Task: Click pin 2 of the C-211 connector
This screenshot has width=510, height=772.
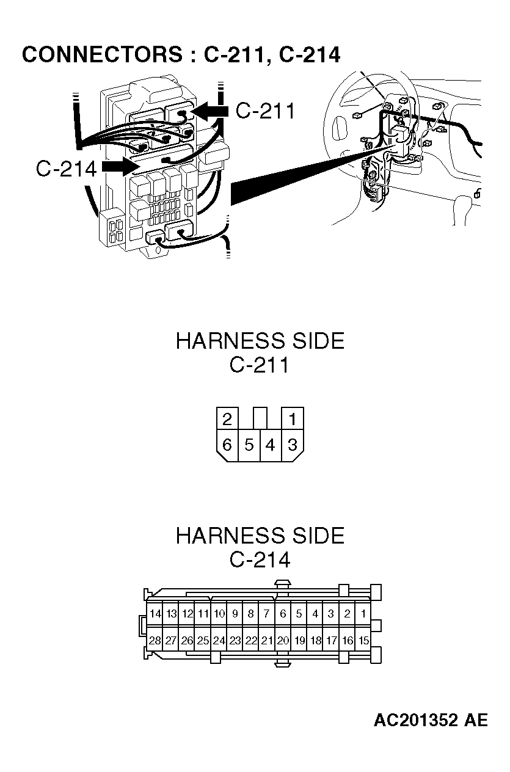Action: pyautogui.click(x=227, y=419)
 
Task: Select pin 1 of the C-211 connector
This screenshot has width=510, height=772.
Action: pyautogui.click(x=293, y=419)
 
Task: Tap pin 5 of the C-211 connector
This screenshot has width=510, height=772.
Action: pyautogui.click(x=249, y=445)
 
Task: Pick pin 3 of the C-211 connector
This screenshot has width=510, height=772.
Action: pyautogui.click(x=293, y=445)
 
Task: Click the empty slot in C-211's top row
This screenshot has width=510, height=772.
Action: pyautogui.click(x=260, y=419)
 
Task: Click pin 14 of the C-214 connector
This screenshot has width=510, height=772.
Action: pyautogui.click(x=155, y=614)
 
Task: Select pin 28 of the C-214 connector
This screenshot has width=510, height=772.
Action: pyautogui.click(x=155, y=641)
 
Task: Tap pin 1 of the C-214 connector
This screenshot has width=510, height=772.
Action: pyautogui.click(x=363, y=614)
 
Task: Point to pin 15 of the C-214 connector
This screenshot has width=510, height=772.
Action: pyautogui.click(x=363, y=641)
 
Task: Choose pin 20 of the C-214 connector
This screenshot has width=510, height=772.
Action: pyautogui.click(x=283, y=641)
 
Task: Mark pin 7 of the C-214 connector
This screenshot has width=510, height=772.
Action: pyautogui.click(x=267, y=614)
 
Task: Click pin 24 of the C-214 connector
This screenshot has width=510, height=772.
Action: pyautogui.click(x=219, y=641)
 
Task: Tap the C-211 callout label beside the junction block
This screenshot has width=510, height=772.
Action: pyautogui.click(x=265, y=111)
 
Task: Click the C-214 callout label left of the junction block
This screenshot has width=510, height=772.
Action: pyautogui.click(x=66, y=169)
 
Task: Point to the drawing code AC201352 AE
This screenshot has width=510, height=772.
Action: pyautogui.click(x=431, y=721)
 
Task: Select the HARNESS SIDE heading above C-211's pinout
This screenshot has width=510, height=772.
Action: pyautogui.click(x=260, y=341)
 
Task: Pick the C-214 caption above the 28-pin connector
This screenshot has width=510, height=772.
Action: pyautogui.click(x=260, y=559)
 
